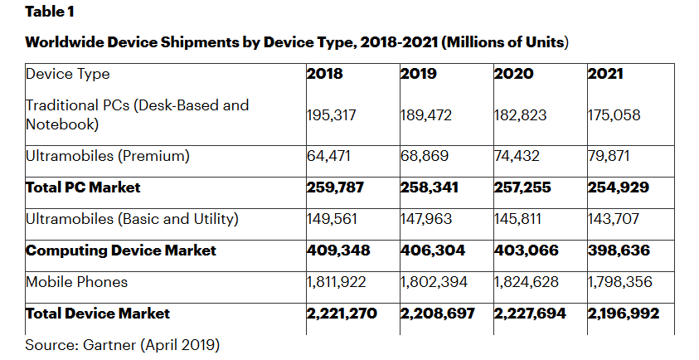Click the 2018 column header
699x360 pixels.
click(325, 74)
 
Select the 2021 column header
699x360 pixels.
click(605, 74)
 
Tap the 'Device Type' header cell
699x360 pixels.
click(68, 74)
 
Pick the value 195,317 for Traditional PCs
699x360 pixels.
click(332, 115)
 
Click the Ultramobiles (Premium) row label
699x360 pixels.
click(108, 156)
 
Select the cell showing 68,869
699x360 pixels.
click(425, 156)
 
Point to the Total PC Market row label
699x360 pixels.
click(84, 187)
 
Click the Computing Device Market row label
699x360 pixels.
click(121, 251)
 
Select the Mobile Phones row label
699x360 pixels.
click(77, 282)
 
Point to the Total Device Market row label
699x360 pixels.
click(98, 314)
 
